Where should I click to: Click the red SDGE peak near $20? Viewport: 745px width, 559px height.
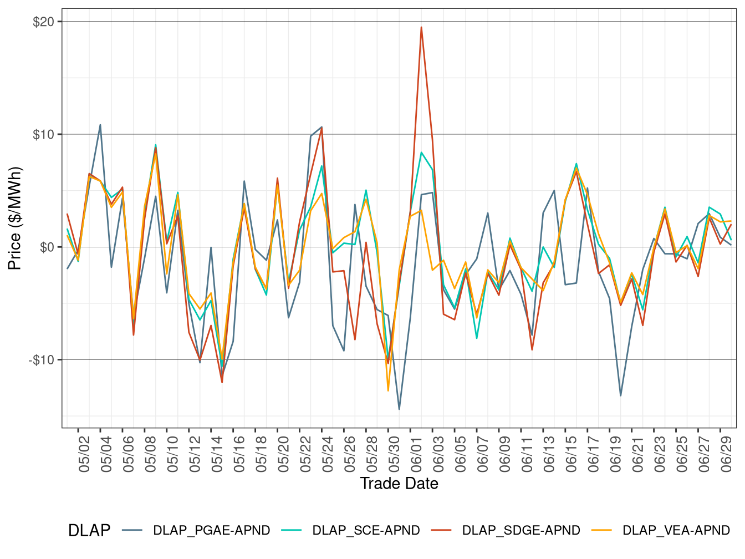[x=421, y=27]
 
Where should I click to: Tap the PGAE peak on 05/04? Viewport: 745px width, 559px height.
[x=100, y=125]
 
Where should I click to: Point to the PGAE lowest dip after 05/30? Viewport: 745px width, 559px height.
[x=399, y=409]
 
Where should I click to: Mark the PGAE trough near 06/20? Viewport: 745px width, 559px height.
[x=620, y=395]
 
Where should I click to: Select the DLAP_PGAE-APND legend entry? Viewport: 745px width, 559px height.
[x=211, y=531]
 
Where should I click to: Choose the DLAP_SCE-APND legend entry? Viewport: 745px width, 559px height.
[x=366, y=531]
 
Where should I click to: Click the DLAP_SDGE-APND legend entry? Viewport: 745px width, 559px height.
[x=521, y=531]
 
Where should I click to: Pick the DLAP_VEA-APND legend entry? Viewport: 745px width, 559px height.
[x=676, y=531]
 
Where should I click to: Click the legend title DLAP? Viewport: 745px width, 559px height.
[x=89, y=531]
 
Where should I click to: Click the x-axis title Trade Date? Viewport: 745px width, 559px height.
[x=399, y=484]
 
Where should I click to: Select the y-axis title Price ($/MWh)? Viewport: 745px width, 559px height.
[x=15, y=218]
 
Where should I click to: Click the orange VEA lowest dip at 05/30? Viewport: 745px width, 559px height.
[x=388, y=390]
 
